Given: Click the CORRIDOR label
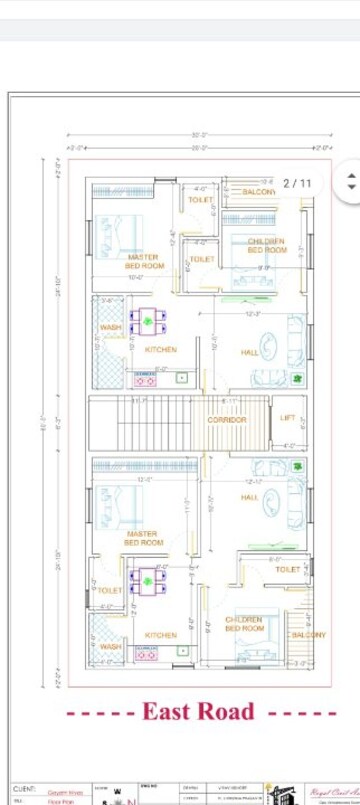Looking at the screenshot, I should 226,420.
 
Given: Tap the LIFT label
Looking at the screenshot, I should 288,418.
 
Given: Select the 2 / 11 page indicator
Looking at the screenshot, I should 297,184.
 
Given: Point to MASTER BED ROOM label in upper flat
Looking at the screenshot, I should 144,262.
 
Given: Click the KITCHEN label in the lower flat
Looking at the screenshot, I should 160,635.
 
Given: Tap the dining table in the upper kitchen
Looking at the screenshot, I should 148,321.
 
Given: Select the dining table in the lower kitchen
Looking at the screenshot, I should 148,579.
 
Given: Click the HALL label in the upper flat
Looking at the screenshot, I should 249,352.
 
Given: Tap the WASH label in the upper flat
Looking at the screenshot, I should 110,328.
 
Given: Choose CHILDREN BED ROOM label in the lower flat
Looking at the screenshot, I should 244,624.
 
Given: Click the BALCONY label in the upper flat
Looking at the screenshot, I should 259,191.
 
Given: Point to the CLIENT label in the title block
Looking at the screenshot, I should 24,789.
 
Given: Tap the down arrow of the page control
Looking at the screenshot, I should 350,188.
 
